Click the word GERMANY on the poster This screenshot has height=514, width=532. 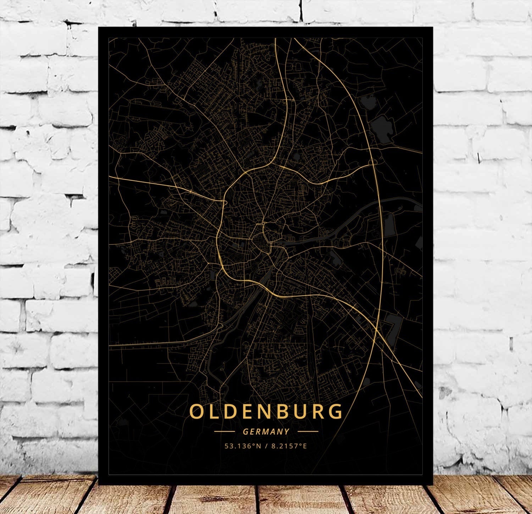[x=266, y=432]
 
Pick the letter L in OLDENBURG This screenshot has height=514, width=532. [x=214, y=412]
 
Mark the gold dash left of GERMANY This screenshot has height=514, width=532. [x=224, y=432]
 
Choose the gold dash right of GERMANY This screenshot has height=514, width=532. [x=308, y=432]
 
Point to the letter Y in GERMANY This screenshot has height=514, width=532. [x=287, y=432]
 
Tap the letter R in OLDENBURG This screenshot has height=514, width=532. [x=316, y=412]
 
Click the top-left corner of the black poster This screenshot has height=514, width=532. [x=99, y=28]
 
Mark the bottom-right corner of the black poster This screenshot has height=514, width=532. [x=433, y=484]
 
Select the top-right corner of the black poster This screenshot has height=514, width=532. [x=433, y=28]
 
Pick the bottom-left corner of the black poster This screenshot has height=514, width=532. [x=99, y=484]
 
